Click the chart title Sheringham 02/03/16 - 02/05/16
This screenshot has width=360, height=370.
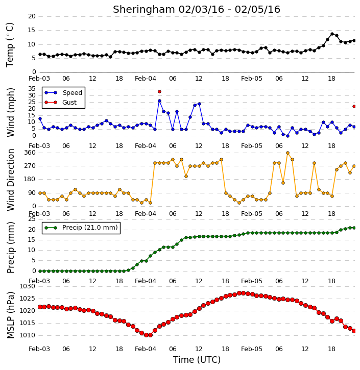click(197, 9)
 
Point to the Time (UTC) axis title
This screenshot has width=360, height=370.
click(197, 360)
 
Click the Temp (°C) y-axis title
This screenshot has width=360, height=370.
click(10, 45)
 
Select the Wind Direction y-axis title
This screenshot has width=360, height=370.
click(10, 180)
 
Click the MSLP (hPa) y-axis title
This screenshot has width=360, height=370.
click(10, 315)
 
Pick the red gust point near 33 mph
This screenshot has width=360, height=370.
click(160, 91)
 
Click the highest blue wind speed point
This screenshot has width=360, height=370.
click(160, 101)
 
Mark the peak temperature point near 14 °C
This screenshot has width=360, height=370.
click(332, 34)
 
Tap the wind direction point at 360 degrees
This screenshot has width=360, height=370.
click(287, 153)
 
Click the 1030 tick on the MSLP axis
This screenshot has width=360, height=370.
click(27, 286)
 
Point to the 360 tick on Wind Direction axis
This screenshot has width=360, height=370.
click(30, 153)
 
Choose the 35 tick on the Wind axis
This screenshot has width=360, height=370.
click(32, 89)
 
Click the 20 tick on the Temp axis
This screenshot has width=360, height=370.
click(32, 16)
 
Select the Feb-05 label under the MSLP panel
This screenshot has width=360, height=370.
click(252, 349)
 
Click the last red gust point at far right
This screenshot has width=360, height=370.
click(354, 107)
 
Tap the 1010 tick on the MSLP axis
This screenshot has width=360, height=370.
click(27, 335)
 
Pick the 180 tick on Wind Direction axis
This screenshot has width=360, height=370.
click(30, 179)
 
